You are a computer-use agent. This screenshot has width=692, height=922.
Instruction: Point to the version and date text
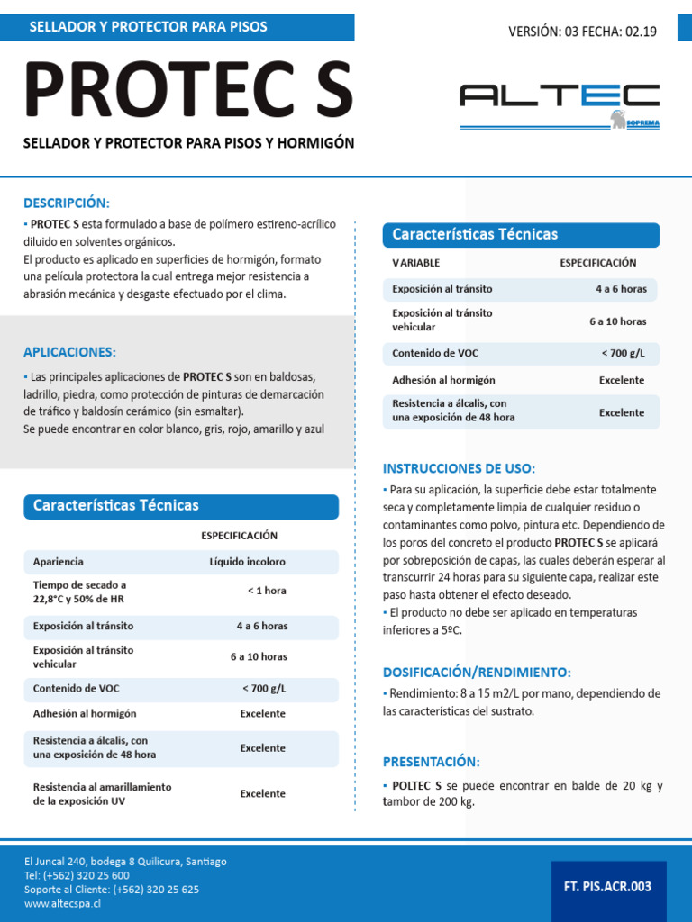point(582,32)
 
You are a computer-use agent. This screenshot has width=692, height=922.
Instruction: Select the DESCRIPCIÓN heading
point(66,203)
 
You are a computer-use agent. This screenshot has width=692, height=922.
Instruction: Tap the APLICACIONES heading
point(69,352)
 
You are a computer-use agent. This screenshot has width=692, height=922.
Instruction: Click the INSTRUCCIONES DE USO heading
point(459,468)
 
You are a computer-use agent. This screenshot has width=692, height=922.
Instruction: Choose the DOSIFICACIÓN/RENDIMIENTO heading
point(477,673)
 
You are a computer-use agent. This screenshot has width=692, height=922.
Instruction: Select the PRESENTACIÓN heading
point(432,762)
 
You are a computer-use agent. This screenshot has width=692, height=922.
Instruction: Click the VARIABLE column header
point(416,263)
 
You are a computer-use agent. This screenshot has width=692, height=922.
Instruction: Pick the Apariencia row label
point(59,562)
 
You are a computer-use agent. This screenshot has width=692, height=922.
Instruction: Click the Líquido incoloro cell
point(248,562)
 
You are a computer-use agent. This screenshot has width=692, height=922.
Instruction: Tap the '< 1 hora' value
point(267,592)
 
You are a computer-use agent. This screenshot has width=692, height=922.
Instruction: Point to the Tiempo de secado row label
point(80,592)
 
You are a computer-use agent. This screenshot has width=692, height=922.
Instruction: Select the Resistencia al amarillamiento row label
point(102,793)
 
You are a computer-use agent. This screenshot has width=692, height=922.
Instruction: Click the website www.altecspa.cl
point(62,903)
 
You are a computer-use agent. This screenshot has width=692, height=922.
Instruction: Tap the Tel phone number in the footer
point(77,875)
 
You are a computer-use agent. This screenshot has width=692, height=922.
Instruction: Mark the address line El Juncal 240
point(125,862)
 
